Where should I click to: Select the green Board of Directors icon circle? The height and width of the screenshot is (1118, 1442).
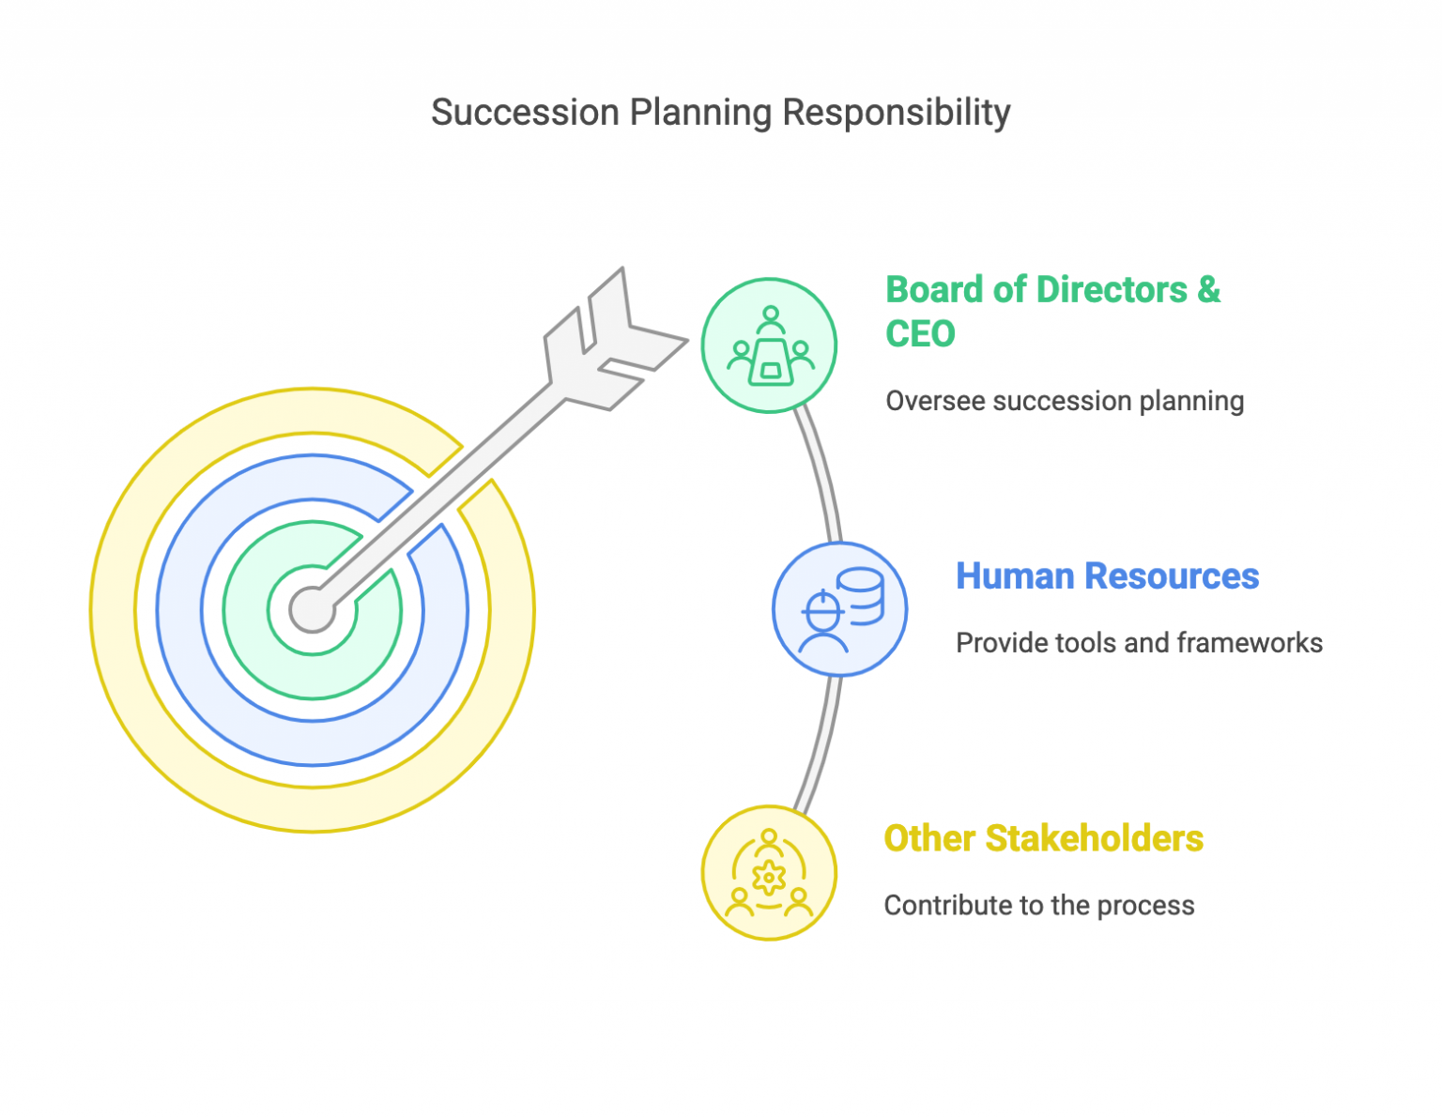tap(769, 345)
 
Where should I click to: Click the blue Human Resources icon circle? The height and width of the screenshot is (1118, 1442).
tap(839, 609)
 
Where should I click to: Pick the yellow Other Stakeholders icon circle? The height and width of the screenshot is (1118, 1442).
tap(769, 873)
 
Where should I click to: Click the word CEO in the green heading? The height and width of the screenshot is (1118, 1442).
tap(920, 334)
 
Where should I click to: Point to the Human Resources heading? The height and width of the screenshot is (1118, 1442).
tap(1107, 576)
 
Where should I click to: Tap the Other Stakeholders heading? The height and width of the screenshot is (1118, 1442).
tap(1043, 838)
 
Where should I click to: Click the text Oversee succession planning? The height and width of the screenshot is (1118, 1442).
tap(1065, 401)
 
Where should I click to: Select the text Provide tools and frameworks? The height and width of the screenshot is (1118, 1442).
tap(1139, 643)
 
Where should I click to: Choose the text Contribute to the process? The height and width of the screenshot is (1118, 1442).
tap(1039, 906)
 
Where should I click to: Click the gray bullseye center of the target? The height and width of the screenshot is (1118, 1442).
tap(313, 609)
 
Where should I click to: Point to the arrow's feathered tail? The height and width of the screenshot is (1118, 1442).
tap(615, 343)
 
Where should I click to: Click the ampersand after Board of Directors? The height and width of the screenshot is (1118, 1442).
tap(1208, 290)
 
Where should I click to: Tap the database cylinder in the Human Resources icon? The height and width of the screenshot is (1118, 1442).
tap(860, 595)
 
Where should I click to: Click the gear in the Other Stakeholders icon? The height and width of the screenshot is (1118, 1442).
tap(769, 878)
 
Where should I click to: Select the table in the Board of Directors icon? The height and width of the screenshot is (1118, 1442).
tap(771, 362)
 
